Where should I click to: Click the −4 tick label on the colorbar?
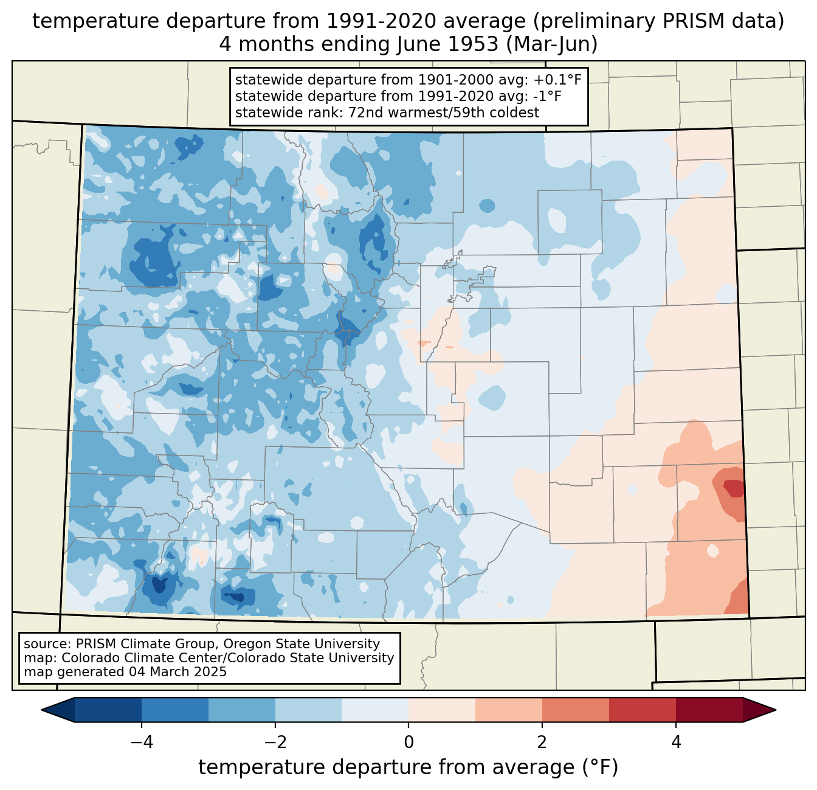(x=142, y=743)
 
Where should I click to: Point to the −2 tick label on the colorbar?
(x=275, y=743)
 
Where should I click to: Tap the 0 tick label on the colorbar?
(x=408, y=743)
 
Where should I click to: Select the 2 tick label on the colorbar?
(x=542, y=743)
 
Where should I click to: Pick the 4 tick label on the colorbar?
(x=675, y=743)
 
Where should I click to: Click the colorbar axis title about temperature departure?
(x=408, y=767)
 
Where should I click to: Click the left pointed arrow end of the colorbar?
(x=58, y=710)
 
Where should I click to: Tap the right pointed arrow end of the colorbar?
(x=759, y=710)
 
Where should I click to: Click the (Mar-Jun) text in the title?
(x=552, y=44)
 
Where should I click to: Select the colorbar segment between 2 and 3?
(x=575, y=710)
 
